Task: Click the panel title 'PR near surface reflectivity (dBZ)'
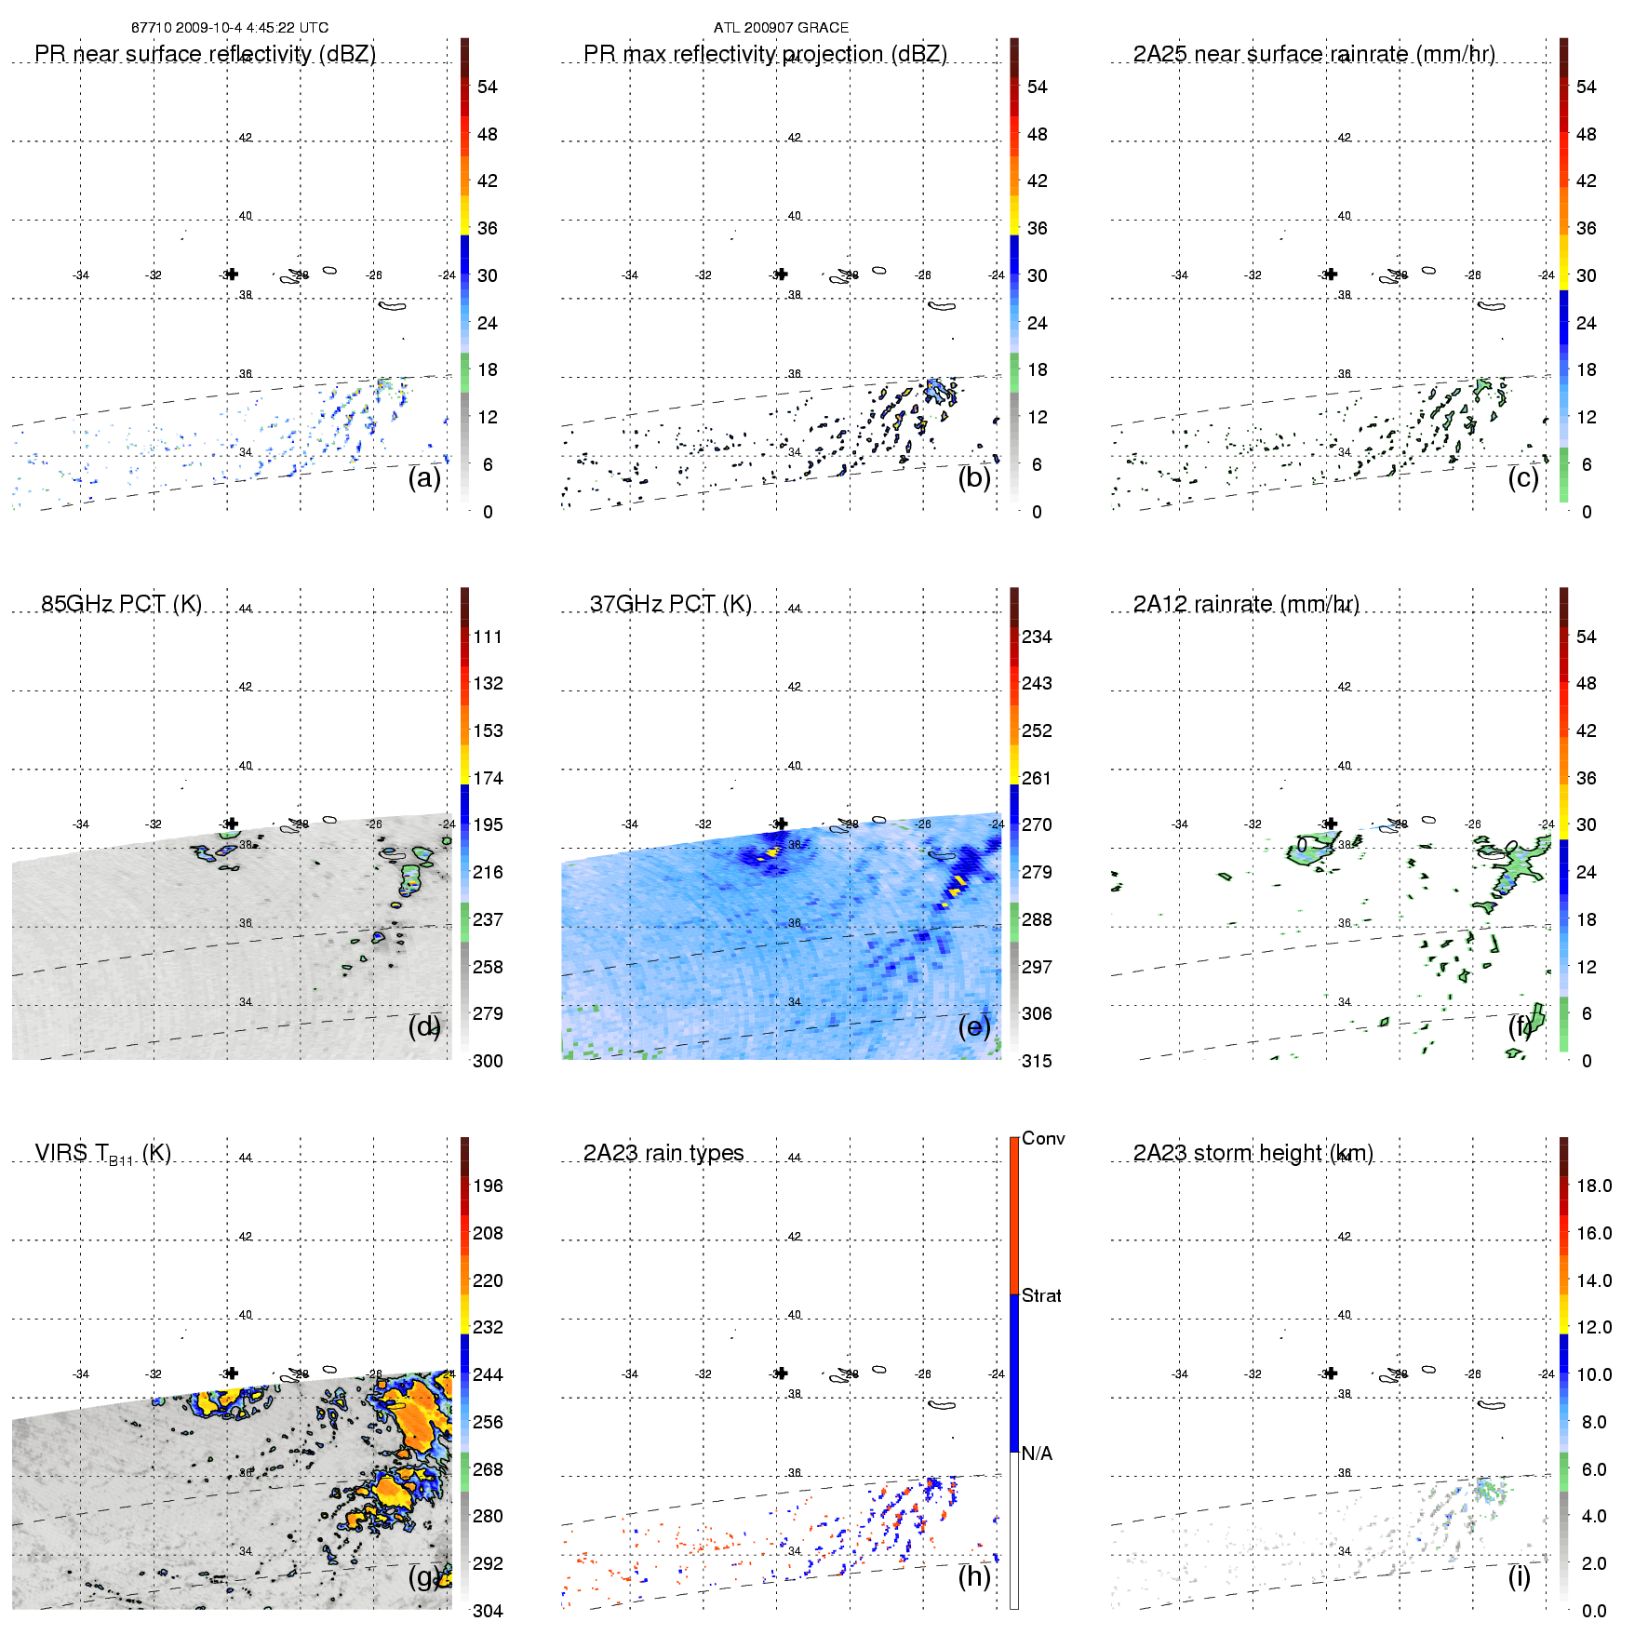(205, 54)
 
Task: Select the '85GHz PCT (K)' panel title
(121, 604)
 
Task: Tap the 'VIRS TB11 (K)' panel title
(102, 1154)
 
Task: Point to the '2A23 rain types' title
(663, 1153)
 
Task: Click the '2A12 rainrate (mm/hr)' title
(1246, 604)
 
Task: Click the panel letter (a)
(424, 478)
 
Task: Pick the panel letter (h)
(974, 1576)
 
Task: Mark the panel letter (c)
(1523, 478)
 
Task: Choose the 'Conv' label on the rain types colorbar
(1043, 1138)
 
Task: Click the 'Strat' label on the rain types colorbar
(1041, 1295)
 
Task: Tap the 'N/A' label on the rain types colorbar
(1037, 1454)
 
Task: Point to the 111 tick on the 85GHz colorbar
(488, 636)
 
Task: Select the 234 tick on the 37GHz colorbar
(1037, 636)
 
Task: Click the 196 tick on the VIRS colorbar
(488, 1186)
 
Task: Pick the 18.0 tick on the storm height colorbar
(1593, 1186)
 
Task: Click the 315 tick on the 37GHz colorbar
(1037, 1061)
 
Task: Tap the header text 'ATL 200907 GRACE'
(781, 28)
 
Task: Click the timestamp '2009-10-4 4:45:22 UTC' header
(251, 28)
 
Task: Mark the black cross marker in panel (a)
(232, 274)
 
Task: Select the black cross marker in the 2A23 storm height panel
(1331, 1373)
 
